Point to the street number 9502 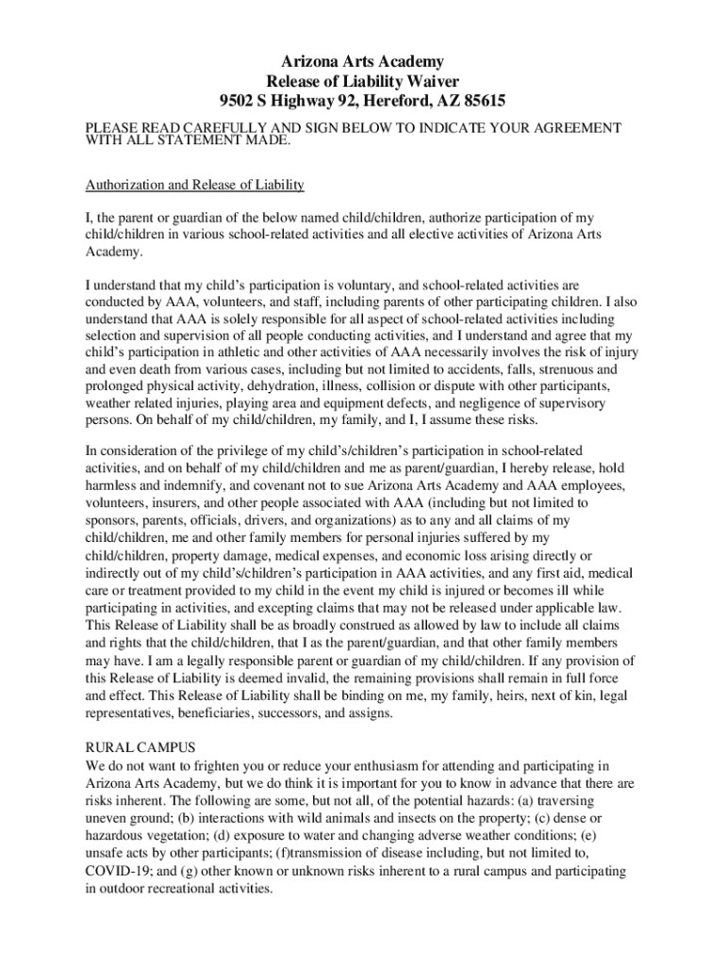pyautogui.click(x=236, y=100)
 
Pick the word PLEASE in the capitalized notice pyautogui.click(x=110, y=127)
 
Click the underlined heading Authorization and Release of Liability pyautogui.click(x=194, y=184)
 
